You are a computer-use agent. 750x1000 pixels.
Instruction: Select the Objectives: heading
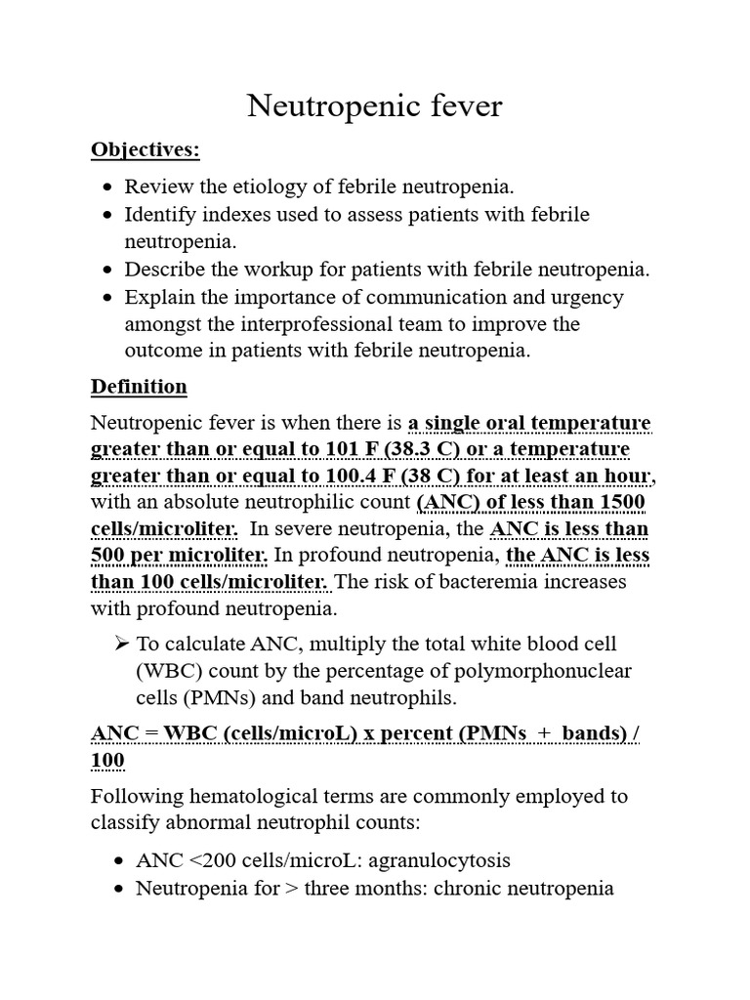click(x=145, y=149)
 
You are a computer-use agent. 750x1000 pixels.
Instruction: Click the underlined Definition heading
click(x=139, y=387)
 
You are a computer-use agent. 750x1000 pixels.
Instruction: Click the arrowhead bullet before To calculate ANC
click(x=121, y=644)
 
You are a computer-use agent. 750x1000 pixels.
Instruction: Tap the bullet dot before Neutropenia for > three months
click(x=118, y=890)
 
